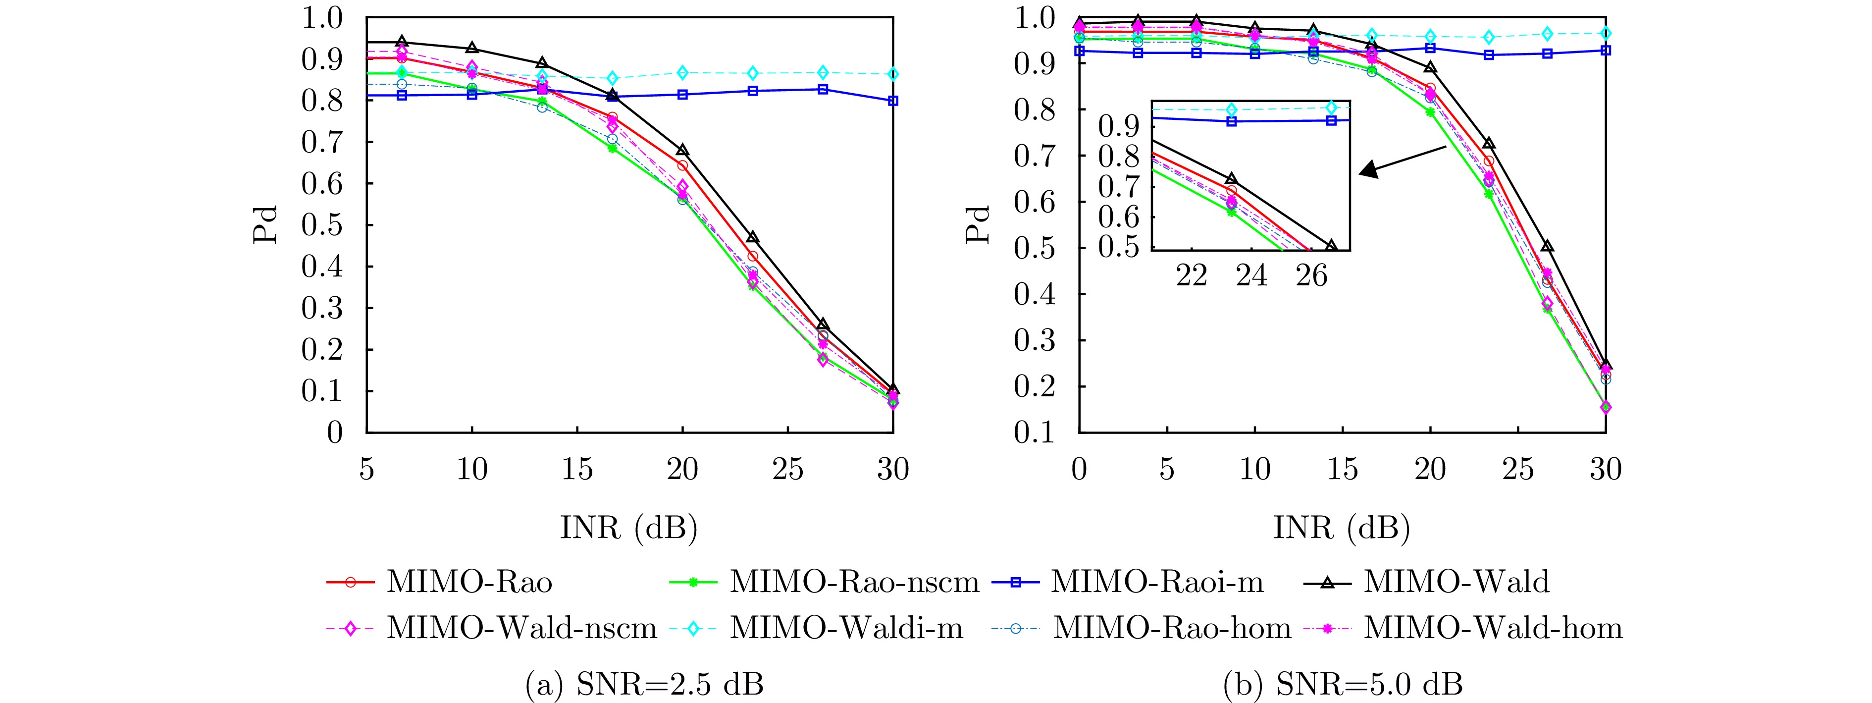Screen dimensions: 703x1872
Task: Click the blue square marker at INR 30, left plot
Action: point(893,101)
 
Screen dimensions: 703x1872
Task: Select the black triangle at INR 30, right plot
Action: point(1605,364)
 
